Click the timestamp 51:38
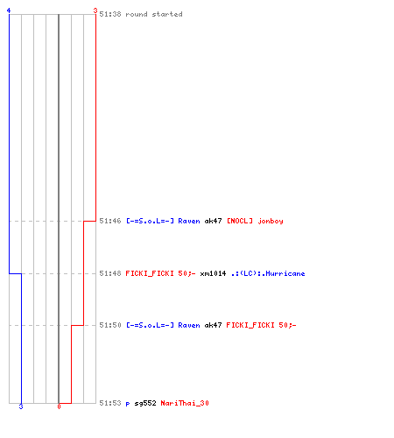110,14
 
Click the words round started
154,14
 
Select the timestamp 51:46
110,221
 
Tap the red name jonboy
271,221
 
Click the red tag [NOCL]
240,221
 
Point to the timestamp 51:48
110,273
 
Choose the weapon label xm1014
213,273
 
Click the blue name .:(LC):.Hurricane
268,273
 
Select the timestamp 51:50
110,325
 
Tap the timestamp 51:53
110,403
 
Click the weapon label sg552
145,403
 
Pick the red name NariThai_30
185,403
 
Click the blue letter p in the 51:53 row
128,404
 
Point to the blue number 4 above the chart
9,11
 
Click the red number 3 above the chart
95,11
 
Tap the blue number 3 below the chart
21,406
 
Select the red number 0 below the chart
59,406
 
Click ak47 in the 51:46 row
213,221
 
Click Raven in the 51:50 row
189,325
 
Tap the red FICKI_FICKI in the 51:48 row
150,273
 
